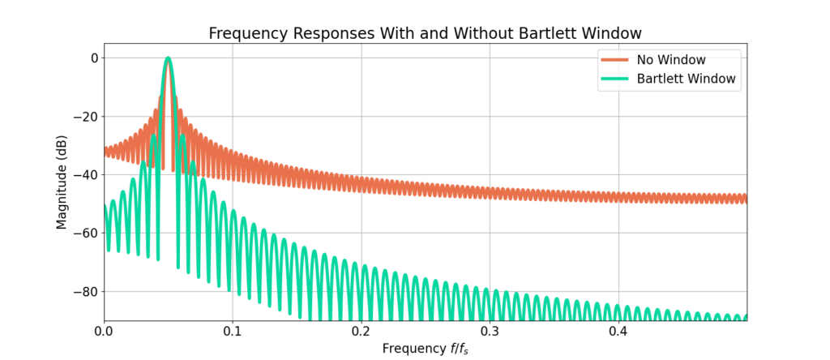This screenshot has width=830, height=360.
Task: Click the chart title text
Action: click(425, 33)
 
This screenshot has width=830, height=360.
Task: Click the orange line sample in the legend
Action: click(614, 59)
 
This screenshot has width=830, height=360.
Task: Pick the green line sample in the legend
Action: click(614, 79)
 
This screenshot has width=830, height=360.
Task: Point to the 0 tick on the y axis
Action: click(94, 58)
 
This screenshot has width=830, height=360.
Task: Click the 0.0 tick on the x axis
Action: click(104, 332)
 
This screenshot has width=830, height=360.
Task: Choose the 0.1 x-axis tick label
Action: click(233, 332)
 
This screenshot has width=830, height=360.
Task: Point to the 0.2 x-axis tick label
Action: click(362, 332)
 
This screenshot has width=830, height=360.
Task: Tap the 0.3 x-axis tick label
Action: click(490, 332)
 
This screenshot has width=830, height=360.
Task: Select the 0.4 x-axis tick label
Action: click(618, 332)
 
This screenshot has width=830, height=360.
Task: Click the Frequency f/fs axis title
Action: click(426, 349)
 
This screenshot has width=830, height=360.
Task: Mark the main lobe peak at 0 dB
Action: click(168, 58)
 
